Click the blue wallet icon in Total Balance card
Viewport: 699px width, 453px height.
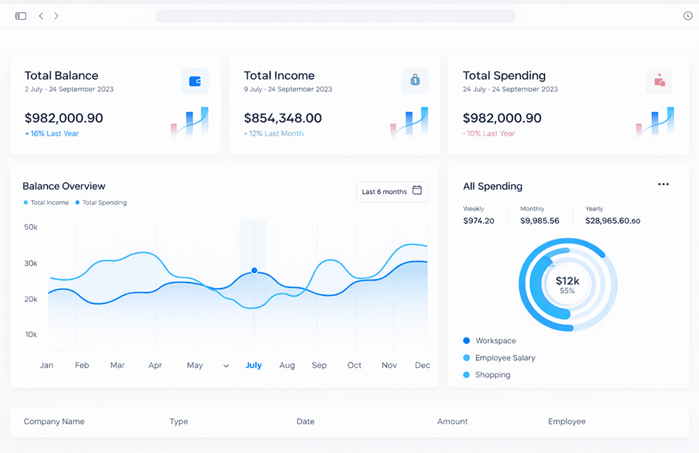tap(195, 81)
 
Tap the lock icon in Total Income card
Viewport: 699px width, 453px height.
tap(415, 80)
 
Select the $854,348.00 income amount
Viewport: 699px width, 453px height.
tap(283, 118)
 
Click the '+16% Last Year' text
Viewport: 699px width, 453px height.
tap(52, 134)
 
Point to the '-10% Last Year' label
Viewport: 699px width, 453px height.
tap(489, 134)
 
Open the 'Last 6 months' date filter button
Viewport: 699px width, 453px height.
tap(392, 191)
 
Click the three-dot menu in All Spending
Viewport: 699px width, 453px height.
tap(663, 185)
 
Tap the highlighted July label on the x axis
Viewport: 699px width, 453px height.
tap(253, 365)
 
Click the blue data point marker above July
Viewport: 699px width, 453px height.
tap(254, 270)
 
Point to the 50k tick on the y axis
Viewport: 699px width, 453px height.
tap(31, 227)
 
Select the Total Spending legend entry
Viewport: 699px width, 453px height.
tap(101, 203)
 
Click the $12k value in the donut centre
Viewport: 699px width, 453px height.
tap(567, 281)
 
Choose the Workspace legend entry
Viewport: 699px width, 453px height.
tap(490, 341)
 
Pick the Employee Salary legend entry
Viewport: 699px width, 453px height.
tap(500, 358)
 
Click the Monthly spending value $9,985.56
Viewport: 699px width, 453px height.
tap(539, 221)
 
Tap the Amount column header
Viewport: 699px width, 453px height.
tap(453, 421)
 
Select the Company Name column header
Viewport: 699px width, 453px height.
tap(54, 421)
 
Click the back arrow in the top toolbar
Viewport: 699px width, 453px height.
tap(41, 16)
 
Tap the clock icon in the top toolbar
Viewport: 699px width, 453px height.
tap(688, 16)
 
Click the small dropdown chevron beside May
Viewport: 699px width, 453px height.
tap(226, 366)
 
